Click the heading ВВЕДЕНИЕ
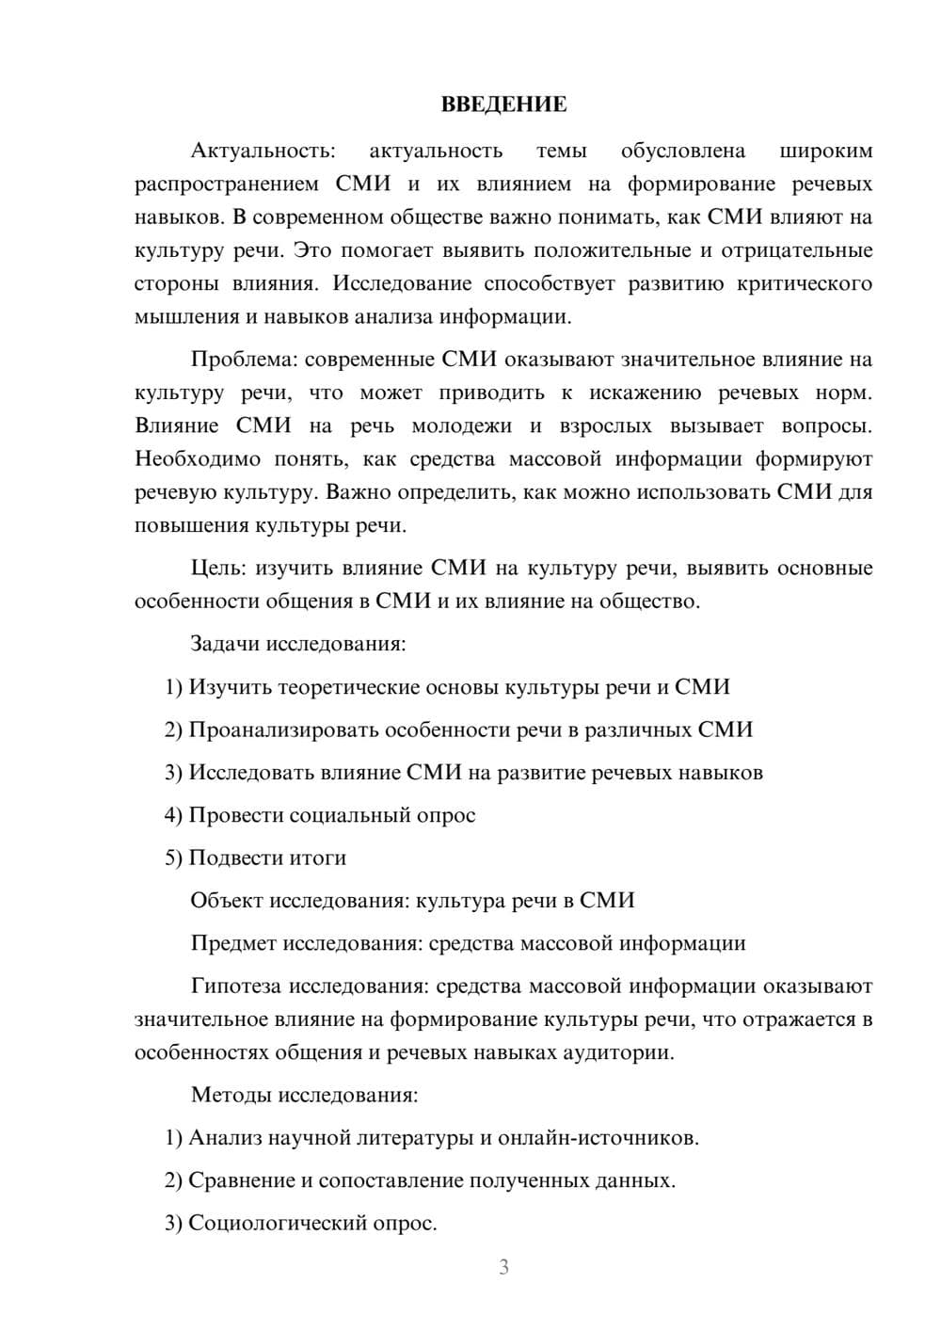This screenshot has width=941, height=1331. point(503,104)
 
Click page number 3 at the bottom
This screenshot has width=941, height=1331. point(503,1267)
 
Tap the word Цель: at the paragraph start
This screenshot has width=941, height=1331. point(218,568)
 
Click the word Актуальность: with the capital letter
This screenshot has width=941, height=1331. point(263,151)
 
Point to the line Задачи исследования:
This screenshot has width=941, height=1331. point(298,645)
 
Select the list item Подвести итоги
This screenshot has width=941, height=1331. point(267,858)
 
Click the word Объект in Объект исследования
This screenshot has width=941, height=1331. point(227,901)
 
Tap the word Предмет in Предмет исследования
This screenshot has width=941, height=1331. point(233,943)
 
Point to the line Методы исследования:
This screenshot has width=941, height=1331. point(304,1095)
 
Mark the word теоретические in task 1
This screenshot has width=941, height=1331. point(347,687)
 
